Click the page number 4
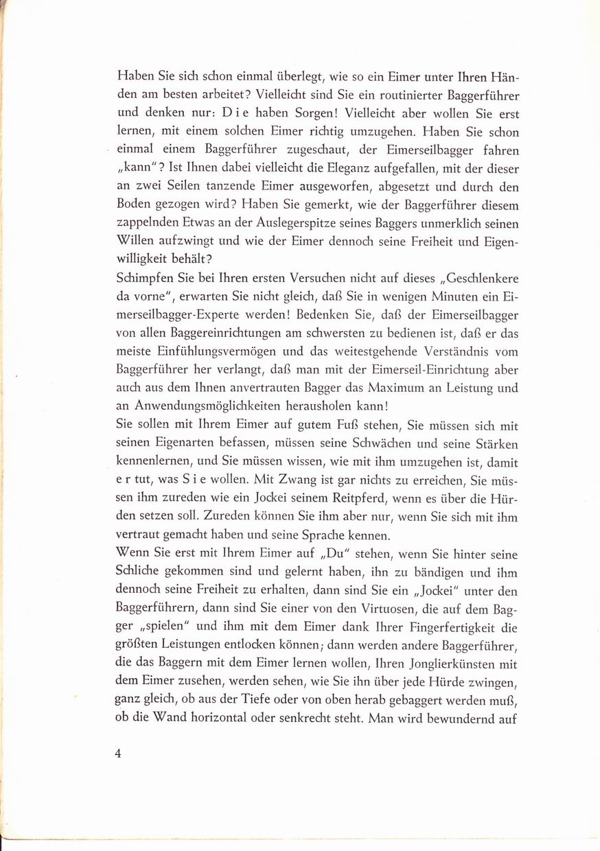click(x=118, y=753)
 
